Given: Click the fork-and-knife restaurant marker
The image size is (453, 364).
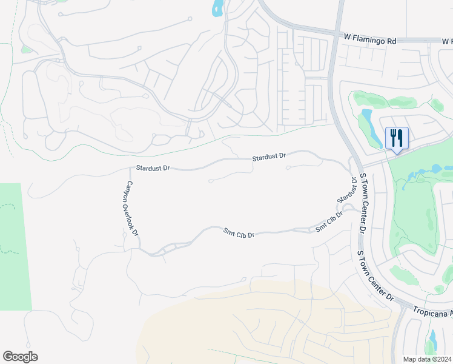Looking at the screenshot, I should (x=397, y=138).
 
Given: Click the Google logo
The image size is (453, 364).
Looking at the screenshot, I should (x=20, y=357).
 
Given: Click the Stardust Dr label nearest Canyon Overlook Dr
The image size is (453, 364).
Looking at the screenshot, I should (x=151, y=167).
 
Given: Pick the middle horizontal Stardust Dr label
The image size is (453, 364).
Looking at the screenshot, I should (x=269, y=157).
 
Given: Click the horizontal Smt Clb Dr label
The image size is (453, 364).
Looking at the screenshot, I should (x=239, y=232).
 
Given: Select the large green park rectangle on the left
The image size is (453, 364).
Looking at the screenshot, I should (x=15, y=246).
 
